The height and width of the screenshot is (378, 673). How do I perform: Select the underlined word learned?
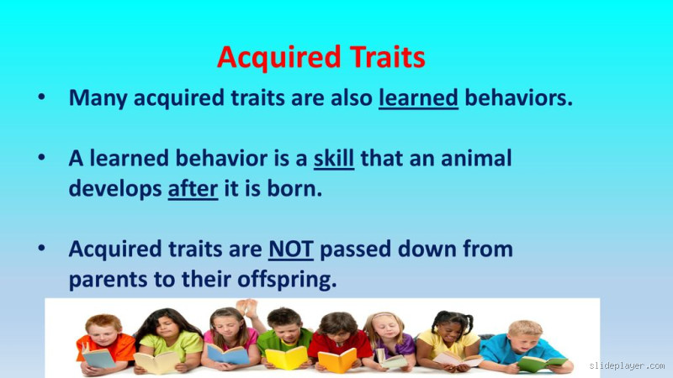click(418, 98)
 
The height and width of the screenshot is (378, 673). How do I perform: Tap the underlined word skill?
click(334, 158)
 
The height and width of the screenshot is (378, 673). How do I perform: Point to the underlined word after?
click(193, 189)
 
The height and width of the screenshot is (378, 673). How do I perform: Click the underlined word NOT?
click(291, 249)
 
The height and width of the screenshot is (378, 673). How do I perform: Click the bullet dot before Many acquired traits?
click(41, 98)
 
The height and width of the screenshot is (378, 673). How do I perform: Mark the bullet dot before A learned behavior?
click(41, 159)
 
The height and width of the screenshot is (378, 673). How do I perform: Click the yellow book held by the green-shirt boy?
click(286, 358)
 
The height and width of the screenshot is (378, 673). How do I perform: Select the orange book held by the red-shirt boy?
click(337, 360)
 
